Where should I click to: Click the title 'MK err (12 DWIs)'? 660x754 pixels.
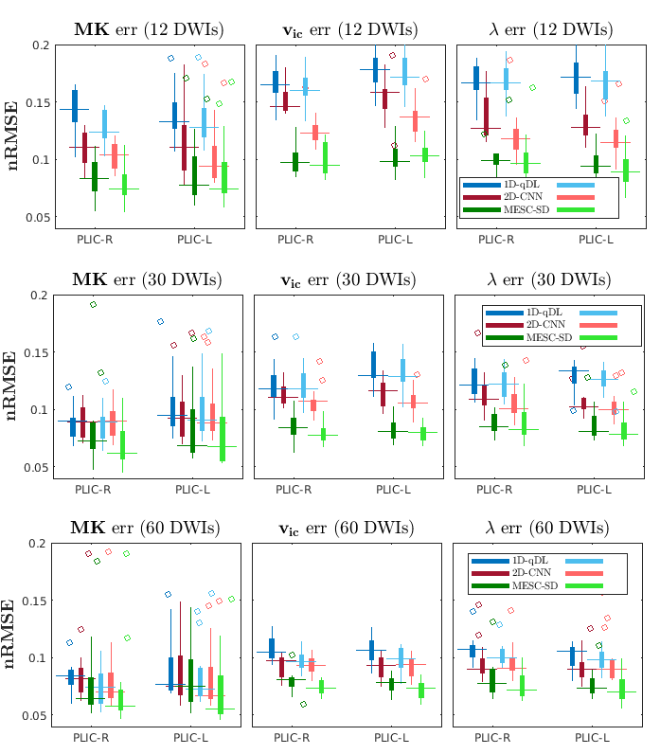[x=149, y=29]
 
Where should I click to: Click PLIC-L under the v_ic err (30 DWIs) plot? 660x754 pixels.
[x=395, y=490]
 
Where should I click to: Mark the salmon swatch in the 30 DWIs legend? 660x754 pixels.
[x=597, y=324]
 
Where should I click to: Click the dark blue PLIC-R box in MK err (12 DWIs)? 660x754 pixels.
[x=75, y=105]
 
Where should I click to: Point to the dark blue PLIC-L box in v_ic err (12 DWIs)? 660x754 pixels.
[x=376, y=70]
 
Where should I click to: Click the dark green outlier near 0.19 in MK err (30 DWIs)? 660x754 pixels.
[x=94, y=305]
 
